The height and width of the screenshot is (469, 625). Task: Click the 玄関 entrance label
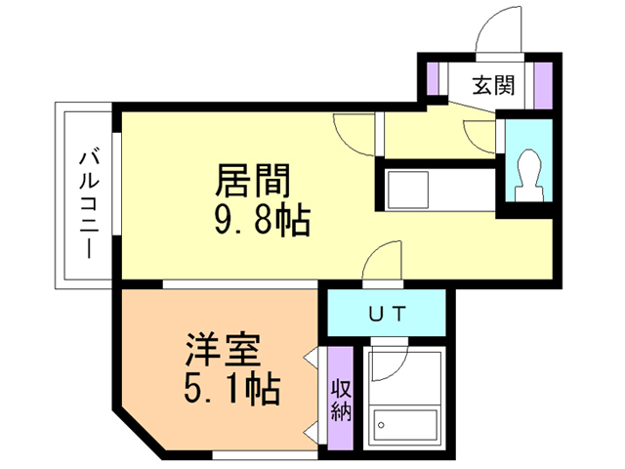[x=493, y=85]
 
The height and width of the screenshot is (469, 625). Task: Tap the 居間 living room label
[x=253, y=181]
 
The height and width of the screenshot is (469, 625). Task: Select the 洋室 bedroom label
[x=223, y=350]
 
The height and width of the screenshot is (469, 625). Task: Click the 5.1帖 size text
[x=232, y=389]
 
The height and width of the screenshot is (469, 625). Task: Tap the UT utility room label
[x=387, y=313]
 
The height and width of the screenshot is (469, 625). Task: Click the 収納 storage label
[x=341, y=400]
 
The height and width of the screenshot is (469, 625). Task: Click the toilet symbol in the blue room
[x=529, y=176]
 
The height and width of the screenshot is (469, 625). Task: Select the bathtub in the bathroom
[x=405, y=425]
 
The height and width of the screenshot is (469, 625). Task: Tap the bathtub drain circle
[x=381, y=426]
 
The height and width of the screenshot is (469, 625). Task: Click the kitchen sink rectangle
[x=408, y=190]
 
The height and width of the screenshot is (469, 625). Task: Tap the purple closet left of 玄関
[x=433, y=78]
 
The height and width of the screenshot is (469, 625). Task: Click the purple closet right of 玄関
[x=543, y=85]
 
